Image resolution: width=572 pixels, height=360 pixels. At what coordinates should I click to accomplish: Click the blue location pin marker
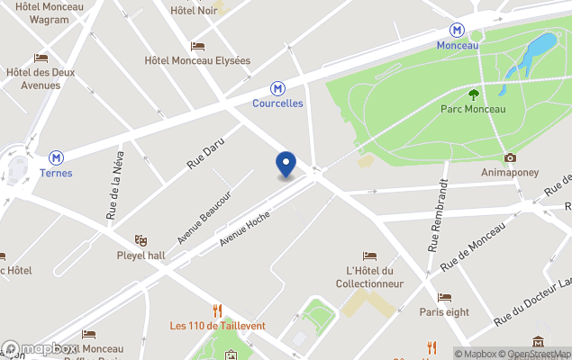point(286,164)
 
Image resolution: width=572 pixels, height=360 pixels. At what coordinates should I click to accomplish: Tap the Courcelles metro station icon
point(278,88)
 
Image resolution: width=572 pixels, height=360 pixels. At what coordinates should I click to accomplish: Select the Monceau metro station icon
point(459,30)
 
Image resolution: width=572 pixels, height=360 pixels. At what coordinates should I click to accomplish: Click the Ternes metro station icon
point(57,157)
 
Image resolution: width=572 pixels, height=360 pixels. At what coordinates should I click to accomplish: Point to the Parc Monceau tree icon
point(474,94)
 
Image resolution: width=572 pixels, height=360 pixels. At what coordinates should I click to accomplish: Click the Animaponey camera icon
point(510,157)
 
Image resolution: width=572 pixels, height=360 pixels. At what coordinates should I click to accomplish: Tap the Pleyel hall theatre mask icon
point(140,240)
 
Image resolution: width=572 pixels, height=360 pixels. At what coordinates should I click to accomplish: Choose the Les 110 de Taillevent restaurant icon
point(217,310)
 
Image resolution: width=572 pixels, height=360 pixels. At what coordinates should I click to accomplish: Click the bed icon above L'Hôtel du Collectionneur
point(369,256)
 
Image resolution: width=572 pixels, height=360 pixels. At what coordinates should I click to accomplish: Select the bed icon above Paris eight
point(444,297)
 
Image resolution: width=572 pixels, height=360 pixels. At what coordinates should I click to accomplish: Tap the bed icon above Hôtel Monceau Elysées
point(197,46)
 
